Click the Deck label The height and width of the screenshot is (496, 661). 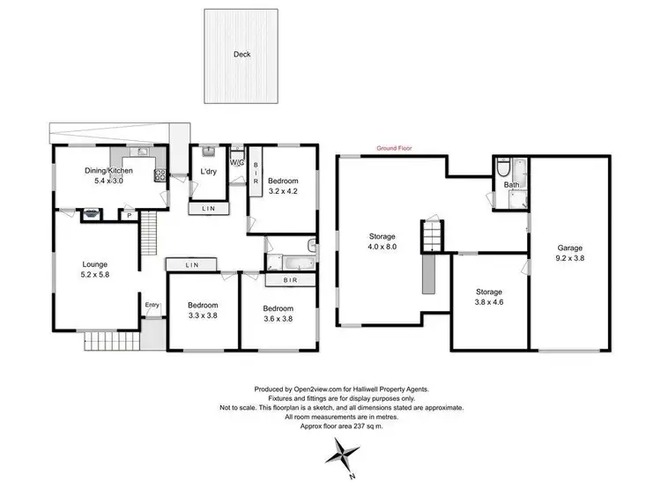click(241, 55)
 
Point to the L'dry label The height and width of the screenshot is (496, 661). click(209, 171)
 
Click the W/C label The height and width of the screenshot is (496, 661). click(236, 162)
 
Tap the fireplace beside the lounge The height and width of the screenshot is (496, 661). click(90, 212)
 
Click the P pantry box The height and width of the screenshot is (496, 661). click(129, 214)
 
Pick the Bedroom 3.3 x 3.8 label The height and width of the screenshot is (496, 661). click(204, 311)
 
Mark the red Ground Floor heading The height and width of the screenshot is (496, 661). click(393, 149)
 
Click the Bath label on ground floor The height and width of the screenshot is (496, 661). click(511, 186)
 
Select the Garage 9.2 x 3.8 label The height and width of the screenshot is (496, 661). click(569, 254)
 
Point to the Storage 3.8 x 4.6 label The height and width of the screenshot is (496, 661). click(489, 297)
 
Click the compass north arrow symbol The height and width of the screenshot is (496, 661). click(342, 455)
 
